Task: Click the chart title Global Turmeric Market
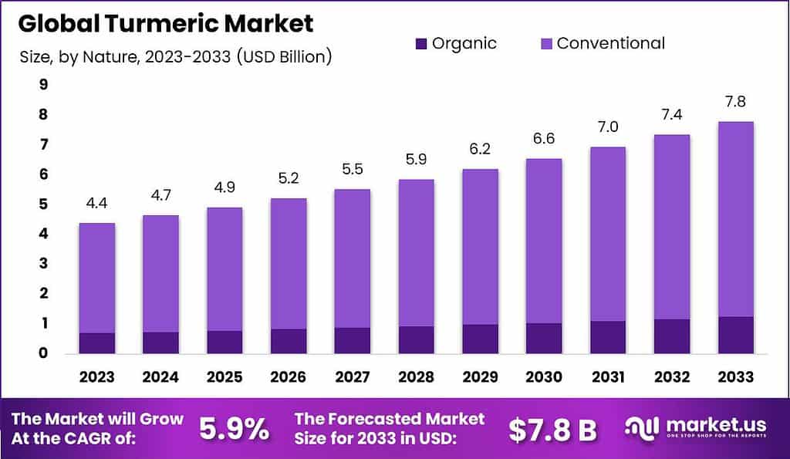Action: [165, 23]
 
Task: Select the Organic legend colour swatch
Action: [422, 43]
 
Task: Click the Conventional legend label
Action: [610, 43]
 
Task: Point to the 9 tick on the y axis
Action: [43, 85]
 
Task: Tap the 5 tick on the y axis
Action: [43, 204]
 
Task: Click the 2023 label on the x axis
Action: [96, 376]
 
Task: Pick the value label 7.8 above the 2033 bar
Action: [734, 102]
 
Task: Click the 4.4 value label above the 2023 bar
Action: [96, 204]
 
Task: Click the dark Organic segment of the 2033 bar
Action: [734, 335]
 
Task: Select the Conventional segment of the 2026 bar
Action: [288, 262]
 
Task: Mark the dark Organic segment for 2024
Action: [160, 343]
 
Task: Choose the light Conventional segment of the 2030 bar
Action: [543, 239]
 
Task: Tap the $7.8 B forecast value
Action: [552, 430]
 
